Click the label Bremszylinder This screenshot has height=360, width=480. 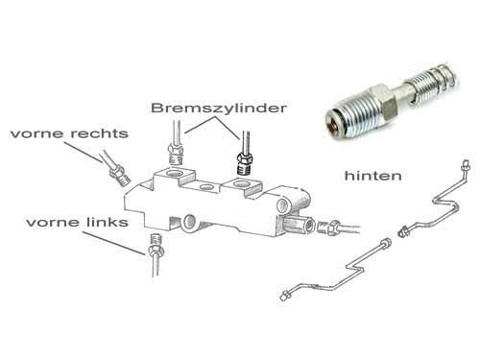pyautogui.click(x=219, y=108)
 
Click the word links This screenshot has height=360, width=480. pyautogui.click(x=108, y=222)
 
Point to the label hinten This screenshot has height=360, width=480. pyautogui.click(x=372, y=176)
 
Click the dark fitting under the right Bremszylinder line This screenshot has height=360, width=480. pyautogui.click(x=245, y=163)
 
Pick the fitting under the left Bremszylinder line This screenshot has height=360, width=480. pyautogui.click(x=176, y=155)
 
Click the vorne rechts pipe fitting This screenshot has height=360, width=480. pyautogui.click(x=119, y=175)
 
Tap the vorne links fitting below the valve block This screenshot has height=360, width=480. pyautogui.click(x=156, y=246)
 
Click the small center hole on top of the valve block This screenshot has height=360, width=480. pyautogui.click(x=206, y=185)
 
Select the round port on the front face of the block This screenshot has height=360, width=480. pyautogui.click(x=189, y=221)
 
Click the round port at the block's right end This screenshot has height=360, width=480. pyautogui.click(x=282, y=205)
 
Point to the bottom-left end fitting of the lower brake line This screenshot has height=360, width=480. pyautogui.click(x=285, y=296)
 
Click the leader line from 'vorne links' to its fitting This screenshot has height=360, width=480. pyautogui.click(x=113, y=243)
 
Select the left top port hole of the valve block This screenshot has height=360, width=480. pyautogui.click(x=176, y=174)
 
